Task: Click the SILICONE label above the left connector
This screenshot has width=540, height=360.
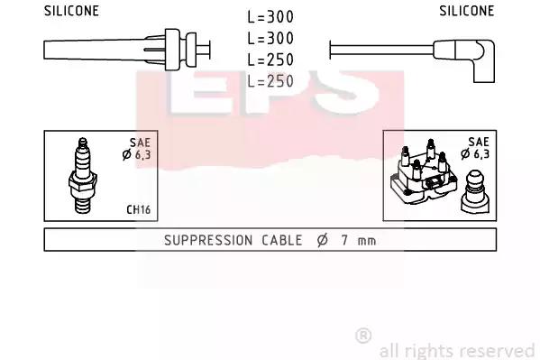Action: click(71, 11)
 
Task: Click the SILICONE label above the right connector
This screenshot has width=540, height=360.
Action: click(467, 11)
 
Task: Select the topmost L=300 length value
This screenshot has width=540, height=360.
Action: click(270, 16)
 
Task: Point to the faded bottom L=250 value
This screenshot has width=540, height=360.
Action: click(270, 81)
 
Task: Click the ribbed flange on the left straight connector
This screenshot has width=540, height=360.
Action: click(172, 50)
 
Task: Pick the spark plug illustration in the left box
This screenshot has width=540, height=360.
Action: click(83, 176)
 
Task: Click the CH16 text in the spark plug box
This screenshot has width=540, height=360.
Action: click(139, 209)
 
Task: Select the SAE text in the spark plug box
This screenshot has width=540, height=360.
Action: click(140, 143)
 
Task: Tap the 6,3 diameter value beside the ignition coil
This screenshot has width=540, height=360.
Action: click(481, 153)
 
